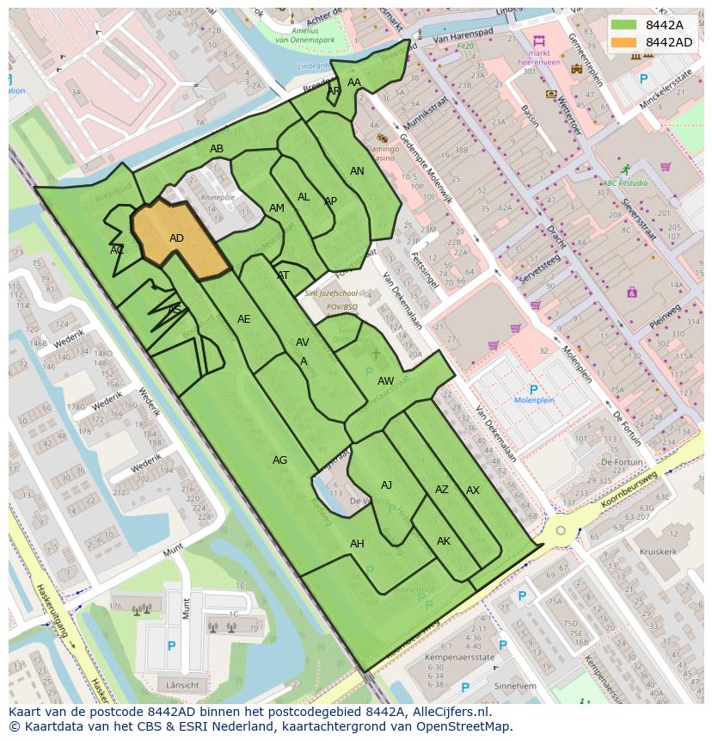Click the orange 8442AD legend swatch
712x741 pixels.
click(625, 42)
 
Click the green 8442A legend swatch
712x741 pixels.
click(625, 25)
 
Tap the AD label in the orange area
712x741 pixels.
click(176, 238)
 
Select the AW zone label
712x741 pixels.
click(386, 380)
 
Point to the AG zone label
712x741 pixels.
click(279, 460)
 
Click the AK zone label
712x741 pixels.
click(444, 541)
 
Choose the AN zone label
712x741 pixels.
click(357, 171)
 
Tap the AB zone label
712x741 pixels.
click(217, 149)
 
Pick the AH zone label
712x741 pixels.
click(357, 544)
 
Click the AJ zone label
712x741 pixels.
click(386, 485)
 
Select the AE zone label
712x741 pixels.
click(244, 319)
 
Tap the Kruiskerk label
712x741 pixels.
click(658, 551)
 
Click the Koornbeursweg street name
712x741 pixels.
click(629, 491)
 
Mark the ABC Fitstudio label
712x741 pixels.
click(625, 183)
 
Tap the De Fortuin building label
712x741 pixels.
click(623, 462)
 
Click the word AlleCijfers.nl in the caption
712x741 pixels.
click(447, 712)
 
